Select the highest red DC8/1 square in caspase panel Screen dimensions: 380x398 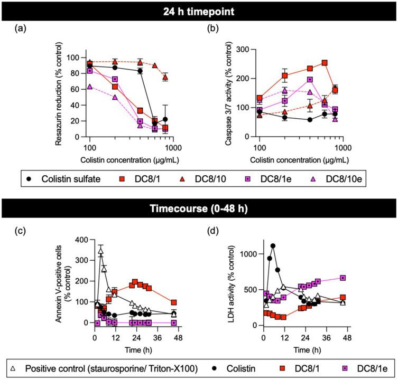pos(325,63)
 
